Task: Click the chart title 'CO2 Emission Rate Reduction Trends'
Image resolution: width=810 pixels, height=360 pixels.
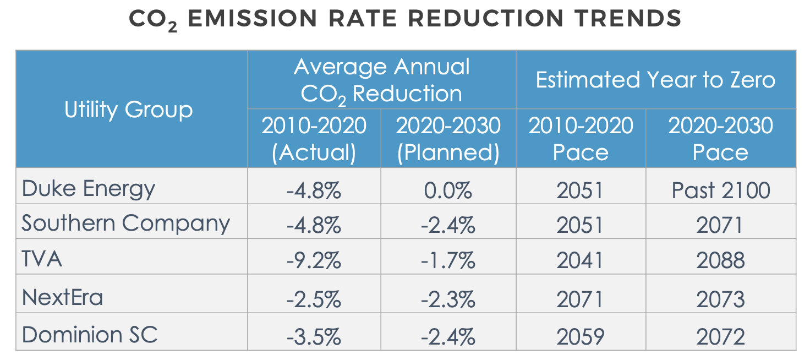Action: click(405, 19)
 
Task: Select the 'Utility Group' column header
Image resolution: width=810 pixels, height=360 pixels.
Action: click(129, 110)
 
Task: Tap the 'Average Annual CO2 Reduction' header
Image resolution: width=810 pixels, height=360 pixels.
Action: click(381, 80)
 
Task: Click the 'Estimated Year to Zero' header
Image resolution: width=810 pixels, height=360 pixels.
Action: click(655, 80)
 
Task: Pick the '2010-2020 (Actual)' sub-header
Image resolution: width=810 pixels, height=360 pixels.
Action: click(314, 139)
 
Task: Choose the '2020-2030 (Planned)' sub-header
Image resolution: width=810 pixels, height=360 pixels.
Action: click(448, 139)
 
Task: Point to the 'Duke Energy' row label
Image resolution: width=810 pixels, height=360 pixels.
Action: click(88, 189)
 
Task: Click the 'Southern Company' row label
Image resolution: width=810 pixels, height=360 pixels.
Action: click(125, 223)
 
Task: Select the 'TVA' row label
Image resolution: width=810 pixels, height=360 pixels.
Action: click(42, 259)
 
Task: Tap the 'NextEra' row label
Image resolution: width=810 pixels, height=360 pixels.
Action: click(62, 297)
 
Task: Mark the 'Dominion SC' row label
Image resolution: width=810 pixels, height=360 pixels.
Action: click(90, 335)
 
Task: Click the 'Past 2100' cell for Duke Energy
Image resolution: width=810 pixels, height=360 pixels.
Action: click(720, 190)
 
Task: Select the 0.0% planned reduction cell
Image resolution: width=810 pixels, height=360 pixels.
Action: click(448, 190)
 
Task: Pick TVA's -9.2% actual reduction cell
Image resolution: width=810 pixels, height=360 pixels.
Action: click(314, 260)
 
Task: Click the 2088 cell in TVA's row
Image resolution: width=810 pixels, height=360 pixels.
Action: click(720, 260)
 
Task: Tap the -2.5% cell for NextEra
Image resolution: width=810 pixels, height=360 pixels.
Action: click(314, 299)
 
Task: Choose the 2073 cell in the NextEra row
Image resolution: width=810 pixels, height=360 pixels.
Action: click(720, 299)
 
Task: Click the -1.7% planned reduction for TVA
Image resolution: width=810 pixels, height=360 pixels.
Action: click(448, 260)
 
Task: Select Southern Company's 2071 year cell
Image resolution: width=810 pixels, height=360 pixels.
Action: click(720, 225)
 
